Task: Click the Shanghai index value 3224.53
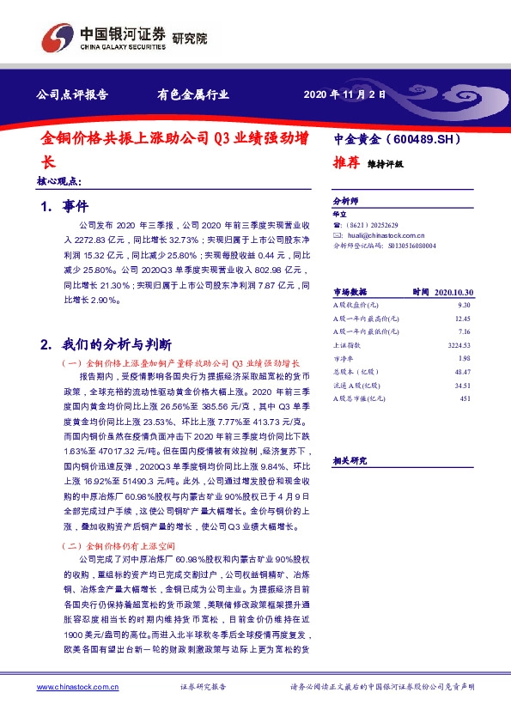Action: tap(460, 343)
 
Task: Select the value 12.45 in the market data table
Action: tap(463, 318)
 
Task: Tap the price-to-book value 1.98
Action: tap(465, 357)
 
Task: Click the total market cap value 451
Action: tap(466, 398)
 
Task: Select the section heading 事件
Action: tap(76, 207)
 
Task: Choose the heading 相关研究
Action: tap(350, 460)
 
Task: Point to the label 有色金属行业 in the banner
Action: tap(187, 95)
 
